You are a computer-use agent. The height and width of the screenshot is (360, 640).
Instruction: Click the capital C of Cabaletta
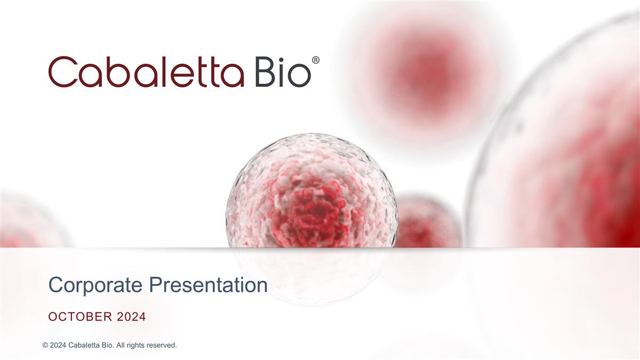click(63, 73)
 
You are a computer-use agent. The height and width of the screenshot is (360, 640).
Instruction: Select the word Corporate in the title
click(96, 285)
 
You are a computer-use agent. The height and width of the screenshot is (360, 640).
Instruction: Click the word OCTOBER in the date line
click(81, 317)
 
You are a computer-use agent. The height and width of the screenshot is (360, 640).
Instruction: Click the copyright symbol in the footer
click(45, 346)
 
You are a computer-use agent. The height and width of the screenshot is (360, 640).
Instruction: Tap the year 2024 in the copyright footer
click(59, 346)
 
